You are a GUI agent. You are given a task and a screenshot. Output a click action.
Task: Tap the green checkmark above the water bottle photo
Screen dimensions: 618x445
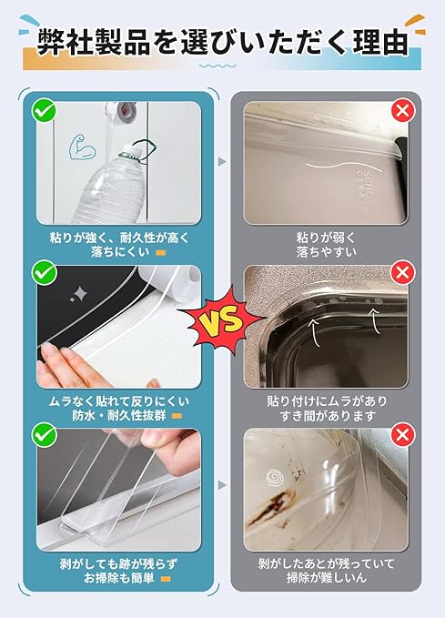click(44, 112)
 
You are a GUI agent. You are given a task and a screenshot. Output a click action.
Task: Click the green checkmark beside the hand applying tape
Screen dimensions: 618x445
click(44, 271)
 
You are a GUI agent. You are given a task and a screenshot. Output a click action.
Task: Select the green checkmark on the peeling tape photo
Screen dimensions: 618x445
click(44, 433)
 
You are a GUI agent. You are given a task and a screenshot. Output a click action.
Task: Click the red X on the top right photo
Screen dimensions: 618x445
click(402, 112)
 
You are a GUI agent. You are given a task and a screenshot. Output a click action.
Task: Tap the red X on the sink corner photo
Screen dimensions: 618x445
click(402, 272)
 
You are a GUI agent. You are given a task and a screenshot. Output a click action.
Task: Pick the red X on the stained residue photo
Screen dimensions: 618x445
click(402, 433)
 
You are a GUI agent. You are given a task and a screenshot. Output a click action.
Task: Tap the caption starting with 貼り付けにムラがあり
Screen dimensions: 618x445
click(325, 407)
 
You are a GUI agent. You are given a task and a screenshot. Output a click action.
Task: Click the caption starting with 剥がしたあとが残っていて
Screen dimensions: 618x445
click(325, 569)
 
